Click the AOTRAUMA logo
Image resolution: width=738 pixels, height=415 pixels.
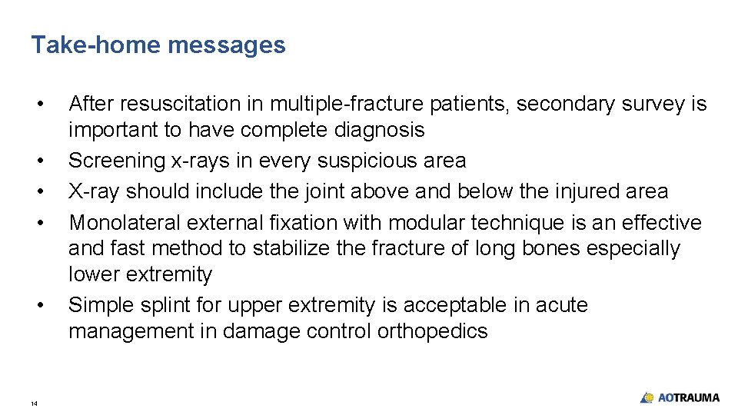pos(680,397)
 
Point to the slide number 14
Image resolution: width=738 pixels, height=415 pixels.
pos(34,403)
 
